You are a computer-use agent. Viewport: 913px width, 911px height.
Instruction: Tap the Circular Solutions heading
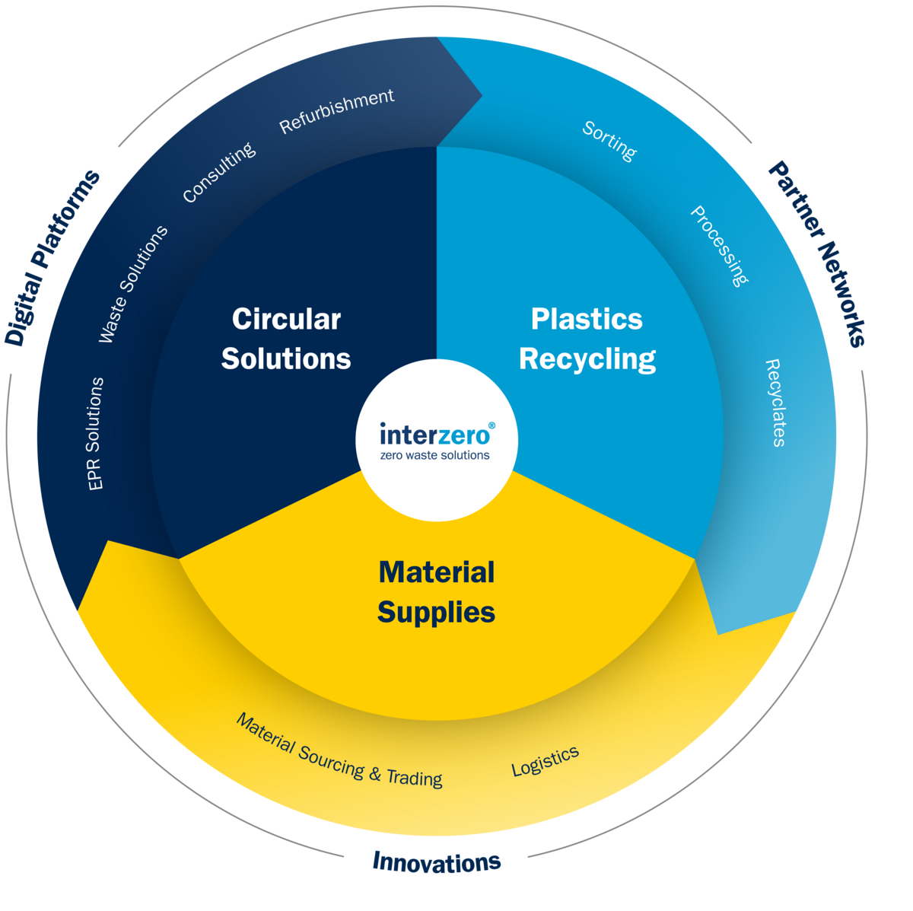286,339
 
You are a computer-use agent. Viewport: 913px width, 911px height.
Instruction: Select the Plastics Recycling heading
587,339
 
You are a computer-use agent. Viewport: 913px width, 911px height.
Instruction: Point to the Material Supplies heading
437,592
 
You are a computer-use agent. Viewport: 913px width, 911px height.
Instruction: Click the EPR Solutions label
96,433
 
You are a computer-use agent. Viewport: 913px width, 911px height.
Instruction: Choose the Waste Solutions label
133,284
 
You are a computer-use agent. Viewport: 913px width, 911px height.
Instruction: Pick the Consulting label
219,173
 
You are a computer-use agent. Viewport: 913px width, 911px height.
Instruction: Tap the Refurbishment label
336,111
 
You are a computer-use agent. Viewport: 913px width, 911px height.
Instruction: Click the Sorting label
609,141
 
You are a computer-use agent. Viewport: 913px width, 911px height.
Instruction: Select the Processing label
719,245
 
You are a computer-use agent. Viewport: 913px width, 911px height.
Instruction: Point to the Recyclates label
775,403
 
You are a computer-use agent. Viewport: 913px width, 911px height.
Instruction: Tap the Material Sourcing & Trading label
339,750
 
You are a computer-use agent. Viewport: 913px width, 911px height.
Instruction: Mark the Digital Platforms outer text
52,257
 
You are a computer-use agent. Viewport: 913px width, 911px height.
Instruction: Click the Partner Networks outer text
818,253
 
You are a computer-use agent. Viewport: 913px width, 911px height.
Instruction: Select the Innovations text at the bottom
436,862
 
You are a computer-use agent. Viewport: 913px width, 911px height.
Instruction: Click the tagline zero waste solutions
435,455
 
